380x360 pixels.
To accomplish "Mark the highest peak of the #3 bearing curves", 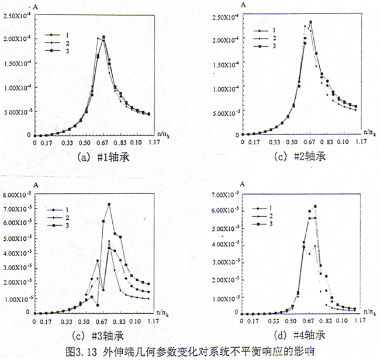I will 109,204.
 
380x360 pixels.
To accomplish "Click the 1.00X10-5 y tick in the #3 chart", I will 18,299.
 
